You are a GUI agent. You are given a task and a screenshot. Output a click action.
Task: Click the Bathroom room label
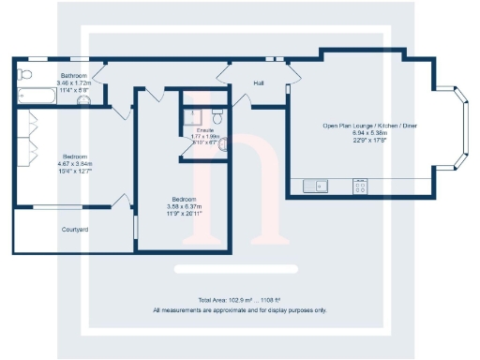[x=74, y=74]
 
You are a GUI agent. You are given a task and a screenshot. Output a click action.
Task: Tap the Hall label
[x=259, y=83]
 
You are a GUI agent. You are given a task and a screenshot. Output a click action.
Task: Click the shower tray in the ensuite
[x=194, y=113]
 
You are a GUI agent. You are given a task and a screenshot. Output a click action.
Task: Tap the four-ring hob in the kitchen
[x=359, y=186]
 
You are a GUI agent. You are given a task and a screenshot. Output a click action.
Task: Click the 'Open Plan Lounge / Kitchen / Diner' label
[x=355, y=125]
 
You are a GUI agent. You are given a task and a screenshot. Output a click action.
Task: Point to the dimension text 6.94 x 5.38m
[x=355, y=132]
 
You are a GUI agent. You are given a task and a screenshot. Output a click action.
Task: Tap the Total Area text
[x=240, y=299]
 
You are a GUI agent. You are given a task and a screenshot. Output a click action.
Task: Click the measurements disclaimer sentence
[x=240, y=308]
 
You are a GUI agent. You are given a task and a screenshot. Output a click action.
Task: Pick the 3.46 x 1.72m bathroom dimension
[x=74, y=82]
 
